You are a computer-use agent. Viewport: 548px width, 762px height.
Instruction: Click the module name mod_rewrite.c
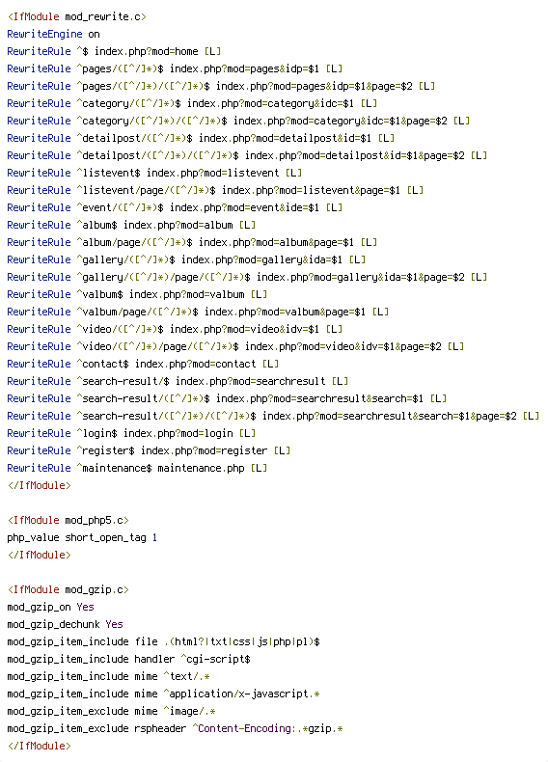point(103,17)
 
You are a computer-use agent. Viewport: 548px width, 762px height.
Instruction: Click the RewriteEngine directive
point(44,35)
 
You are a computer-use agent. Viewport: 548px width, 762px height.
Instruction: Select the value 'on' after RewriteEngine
point(94,35)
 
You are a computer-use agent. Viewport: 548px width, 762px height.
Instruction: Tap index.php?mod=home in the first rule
point(146,51)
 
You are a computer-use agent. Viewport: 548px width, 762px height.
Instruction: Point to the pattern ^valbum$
point(99,294)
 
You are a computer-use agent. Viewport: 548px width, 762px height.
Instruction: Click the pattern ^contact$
point(102,364)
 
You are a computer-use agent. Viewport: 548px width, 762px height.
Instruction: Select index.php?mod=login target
point(178,433)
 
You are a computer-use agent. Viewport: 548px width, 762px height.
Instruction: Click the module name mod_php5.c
point(95,521)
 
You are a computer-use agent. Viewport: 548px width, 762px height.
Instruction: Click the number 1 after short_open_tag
point(154,538)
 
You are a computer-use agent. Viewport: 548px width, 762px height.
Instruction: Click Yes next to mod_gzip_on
point(85,607)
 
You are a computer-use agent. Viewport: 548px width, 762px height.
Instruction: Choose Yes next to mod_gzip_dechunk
point(114,624)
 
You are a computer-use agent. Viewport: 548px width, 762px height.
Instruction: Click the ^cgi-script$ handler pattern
point(215,660)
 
